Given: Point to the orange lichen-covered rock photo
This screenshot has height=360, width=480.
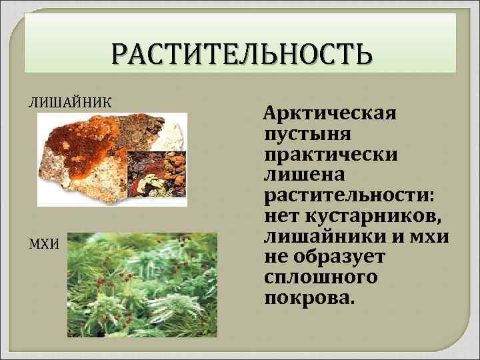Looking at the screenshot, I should point(93,157).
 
